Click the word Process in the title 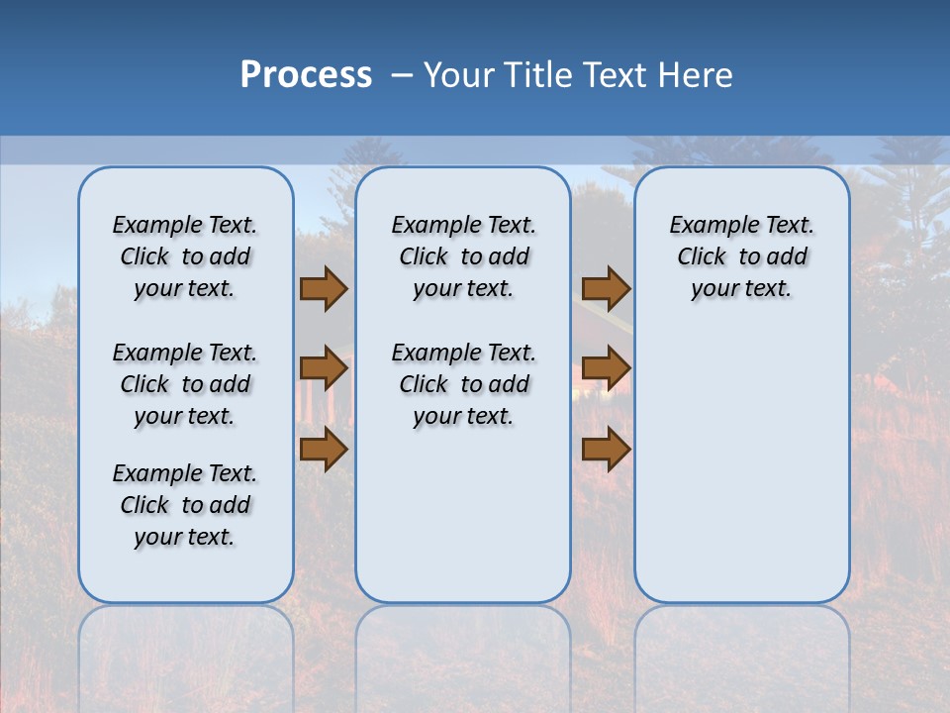[306, 75]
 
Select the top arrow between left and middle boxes [324, 288]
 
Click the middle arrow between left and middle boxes [324, 368]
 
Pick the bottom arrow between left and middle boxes [324, 450]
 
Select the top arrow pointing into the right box [606, 288]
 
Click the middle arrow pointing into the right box [606, 368]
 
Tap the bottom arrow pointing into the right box [606, 450]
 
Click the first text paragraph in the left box [185, 256]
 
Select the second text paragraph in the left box [185, 384]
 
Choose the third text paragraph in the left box [185, 505]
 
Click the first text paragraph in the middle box [463, 256]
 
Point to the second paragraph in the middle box [463, 384]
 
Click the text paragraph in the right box [742, 256]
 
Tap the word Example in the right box [707, 225]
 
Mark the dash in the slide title [401, 75]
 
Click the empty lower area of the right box [742, 465]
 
